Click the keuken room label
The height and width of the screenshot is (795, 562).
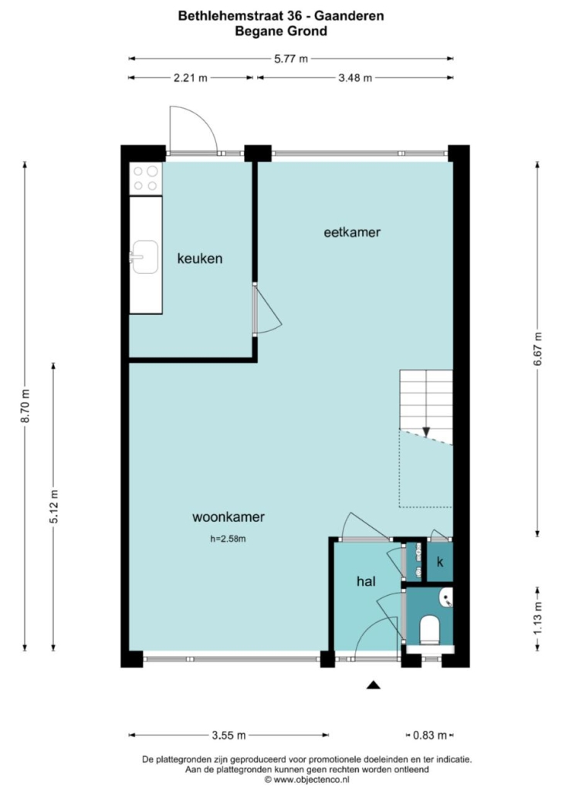(x=200, y=259)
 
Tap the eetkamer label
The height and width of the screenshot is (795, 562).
(x=352, y=232)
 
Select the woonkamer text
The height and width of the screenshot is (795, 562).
(x=229, y=517)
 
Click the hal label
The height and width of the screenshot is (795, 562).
(x=366, y=581)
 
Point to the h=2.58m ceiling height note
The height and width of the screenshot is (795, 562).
(x=229, y=539)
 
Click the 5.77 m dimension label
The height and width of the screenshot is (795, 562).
(x=291, y=59)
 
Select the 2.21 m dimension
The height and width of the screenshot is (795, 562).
(x=190, y=78)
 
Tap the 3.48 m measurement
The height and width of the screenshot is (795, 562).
(x=355, y=78)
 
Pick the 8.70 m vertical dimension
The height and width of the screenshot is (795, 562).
(x=25, y=406)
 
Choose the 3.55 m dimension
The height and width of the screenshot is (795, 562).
(x=229, y=735)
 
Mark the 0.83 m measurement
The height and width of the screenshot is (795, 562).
(x=430, y=735)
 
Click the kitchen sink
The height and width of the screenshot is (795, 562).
(x=144, y=257)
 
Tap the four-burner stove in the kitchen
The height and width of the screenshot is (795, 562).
(x=146, y=178)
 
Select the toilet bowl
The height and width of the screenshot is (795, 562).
(x=430, y=630)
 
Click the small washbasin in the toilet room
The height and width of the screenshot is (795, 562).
(x=447, y=597)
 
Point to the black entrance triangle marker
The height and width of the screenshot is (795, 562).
(x=374, y=685)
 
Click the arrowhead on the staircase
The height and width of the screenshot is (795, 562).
(x=426, y=431)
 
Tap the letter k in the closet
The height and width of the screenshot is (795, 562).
(x=440, y=562)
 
